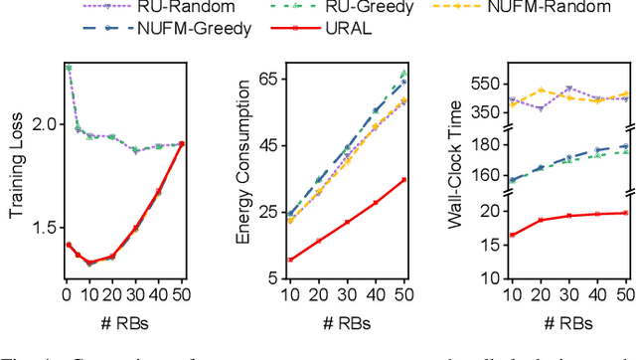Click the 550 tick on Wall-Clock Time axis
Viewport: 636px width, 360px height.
coord(488,84)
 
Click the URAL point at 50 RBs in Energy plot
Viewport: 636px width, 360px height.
coord(403,180)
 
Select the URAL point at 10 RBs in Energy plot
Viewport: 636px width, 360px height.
coord(290,260)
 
